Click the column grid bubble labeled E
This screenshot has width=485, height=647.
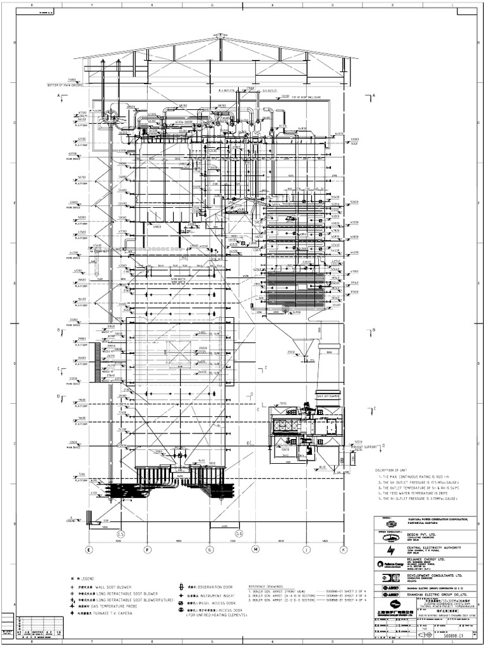coord(88,550)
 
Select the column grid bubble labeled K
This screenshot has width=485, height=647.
coord(343,550)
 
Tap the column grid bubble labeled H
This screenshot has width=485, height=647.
coord(256,550)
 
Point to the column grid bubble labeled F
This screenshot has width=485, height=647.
coord(147,550)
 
